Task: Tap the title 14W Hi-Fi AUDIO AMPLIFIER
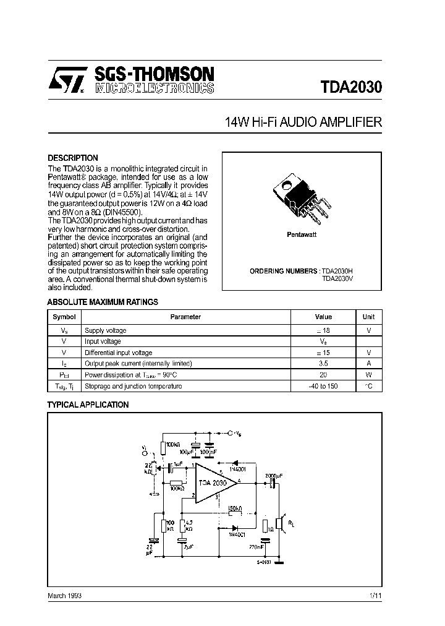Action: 304,122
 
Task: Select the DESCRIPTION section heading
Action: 73,158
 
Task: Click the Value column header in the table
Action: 323,317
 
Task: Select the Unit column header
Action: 368,317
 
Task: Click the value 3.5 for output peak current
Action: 323,364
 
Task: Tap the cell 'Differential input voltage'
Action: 118,353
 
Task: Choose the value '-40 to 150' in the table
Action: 323,387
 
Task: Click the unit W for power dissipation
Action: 368,375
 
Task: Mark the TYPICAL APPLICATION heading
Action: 88,405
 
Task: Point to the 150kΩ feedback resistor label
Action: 235,508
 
